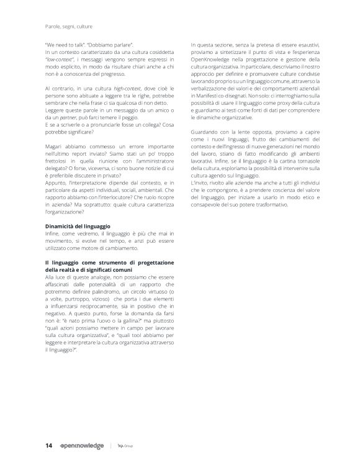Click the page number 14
[48, 446]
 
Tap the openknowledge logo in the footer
[81, 446]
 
